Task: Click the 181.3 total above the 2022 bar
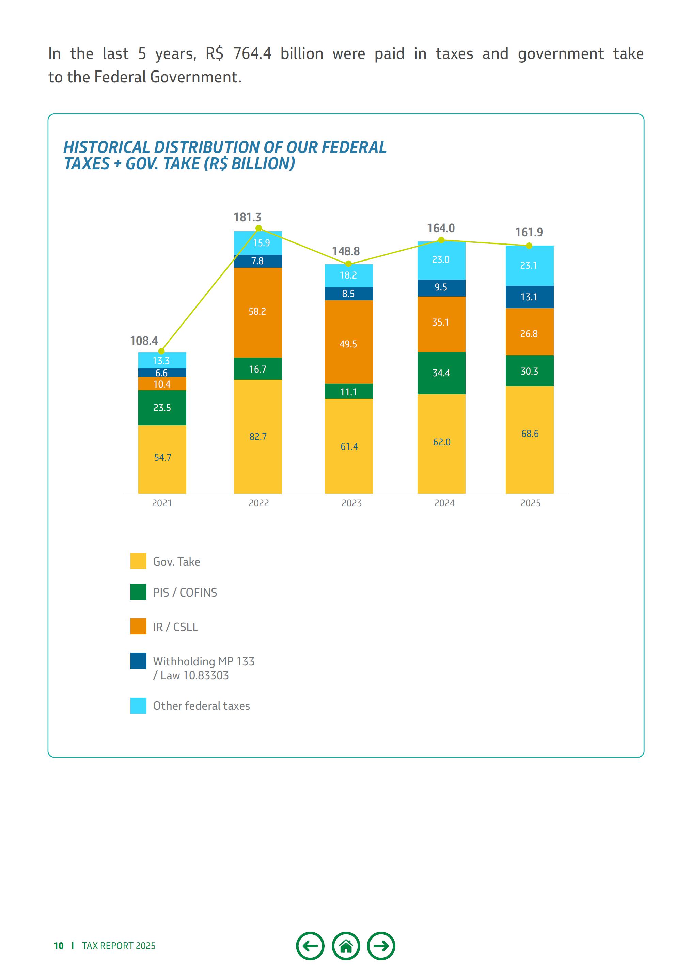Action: click(247, 218)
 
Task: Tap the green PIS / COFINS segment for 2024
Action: click(441, 373)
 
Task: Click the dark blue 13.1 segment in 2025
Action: click(529, 297)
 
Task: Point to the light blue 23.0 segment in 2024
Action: click(441, 260)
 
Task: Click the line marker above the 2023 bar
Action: click(349, 264)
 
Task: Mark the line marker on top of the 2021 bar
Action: click(161, 351)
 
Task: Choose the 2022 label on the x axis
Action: click(258, 503)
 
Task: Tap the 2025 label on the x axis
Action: click(530, 503)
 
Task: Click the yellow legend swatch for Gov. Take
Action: click(138, 561)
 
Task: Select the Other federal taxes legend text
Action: click(201, 706)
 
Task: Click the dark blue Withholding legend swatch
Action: click(138, 661)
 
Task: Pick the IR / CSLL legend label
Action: click(175, 627)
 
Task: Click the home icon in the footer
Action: click(346, 946)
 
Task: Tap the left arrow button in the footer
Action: click(310, 946)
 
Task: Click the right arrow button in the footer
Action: click(381, 946)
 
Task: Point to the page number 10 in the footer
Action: click(58, 946)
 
